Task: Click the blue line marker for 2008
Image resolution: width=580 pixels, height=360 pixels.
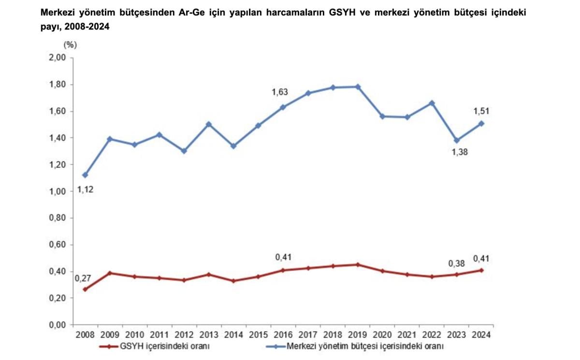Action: pyautogui.click(x=85, y=175)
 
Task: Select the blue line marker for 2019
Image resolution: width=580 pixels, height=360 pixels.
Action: pyautogui.click(x=358, y=87)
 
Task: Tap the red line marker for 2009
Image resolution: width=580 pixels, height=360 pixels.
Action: pyautogui.click(x=110, y=273)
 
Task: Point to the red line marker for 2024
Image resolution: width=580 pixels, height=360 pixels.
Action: pyautogui.click(x=481, y=270)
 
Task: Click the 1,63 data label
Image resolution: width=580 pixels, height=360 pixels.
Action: pyautogui.click(x=279, y=92)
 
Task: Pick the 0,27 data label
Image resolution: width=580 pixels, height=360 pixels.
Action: pyautogui.click(x=83, y=279)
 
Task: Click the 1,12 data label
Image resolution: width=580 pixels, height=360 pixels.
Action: pyautogui.click(x=85, y=189)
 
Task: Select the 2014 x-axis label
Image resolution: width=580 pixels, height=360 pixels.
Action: pyautogui.click(x=234, y=335)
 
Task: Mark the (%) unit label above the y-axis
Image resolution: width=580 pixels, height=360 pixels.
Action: pyautogui.click(x=70, y=45)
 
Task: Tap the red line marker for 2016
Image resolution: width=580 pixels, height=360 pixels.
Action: pyautogui.click(x=283, y=270)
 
